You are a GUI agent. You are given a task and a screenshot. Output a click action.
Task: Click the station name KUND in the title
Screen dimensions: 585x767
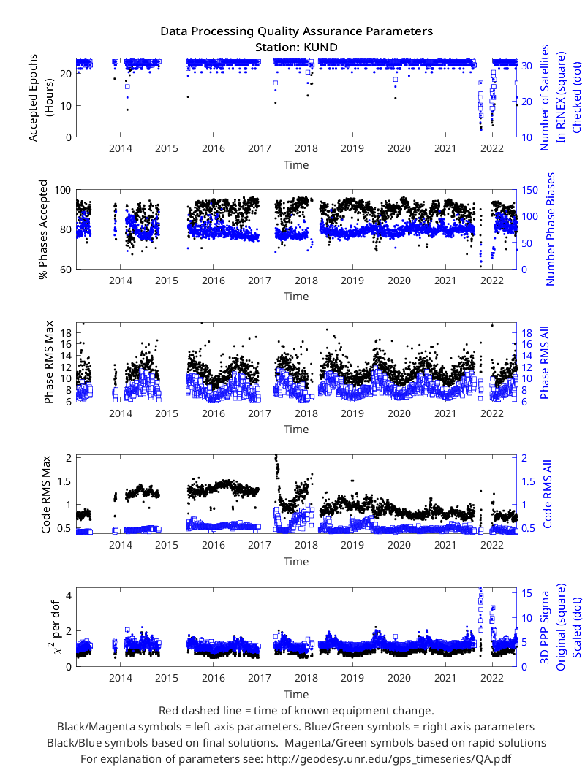(320, 47)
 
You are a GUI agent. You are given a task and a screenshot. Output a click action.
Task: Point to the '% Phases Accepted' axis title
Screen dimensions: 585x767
(44, 229)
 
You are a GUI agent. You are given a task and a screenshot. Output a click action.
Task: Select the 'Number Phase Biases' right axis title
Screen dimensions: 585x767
(550, 229)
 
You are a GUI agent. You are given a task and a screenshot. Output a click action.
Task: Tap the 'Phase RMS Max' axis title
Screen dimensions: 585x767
(48, 362)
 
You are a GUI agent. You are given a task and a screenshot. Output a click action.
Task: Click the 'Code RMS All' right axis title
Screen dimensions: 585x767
(547, 494)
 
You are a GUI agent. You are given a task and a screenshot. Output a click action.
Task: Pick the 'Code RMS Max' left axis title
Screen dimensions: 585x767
(46, 495)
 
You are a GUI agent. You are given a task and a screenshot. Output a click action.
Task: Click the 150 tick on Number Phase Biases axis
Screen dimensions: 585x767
(529, 190)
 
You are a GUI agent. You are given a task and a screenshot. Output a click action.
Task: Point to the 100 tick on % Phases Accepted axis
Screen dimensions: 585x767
(62, 190)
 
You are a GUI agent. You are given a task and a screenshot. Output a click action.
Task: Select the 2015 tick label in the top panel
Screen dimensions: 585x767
(167, 148)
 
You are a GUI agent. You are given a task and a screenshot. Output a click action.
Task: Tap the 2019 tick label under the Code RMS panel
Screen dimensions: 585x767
(352, 545)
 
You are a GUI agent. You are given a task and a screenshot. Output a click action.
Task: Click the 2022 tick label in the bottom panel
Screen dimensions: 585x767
(492, 678)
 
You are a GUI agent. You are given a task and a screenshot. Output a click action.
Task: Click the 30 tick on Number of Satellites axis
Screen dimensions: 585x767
(526, 66)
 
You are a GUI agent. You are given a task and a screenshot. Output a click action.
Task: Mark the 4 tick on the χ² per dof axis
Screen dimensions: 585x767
(69, 595)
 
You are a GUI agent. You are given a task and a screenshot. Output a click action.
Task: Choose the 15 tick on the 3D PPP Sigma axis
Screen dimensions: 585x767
(526, 593)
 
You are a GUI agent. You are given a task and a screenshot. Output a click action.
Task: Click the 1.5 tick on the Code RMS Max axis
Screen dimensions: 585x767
(64, 481)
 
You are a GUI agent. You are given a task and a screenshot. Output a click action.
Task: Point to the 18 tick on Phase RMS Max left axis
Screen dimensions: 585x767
(66, 333)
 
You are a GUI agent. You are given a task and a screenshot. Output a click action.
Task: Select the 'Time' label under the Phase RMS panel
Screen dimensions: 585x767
(296, 429)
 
